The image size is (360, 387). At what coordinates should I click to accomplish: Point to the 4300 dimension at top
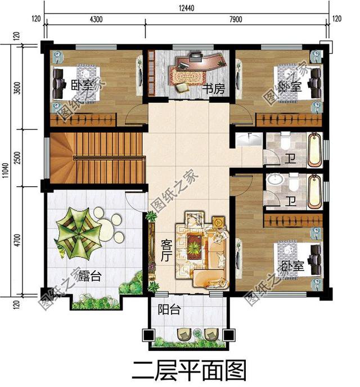96,19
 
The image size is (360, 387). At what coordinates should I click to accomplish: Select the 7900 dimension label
235,19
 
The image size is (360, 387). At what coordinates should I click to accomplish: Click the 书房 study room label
213,88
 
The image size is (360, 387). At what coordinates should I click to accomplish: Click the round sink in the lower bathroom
275,181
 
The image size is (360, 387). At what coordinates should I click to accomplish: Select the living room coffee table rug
195,245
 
